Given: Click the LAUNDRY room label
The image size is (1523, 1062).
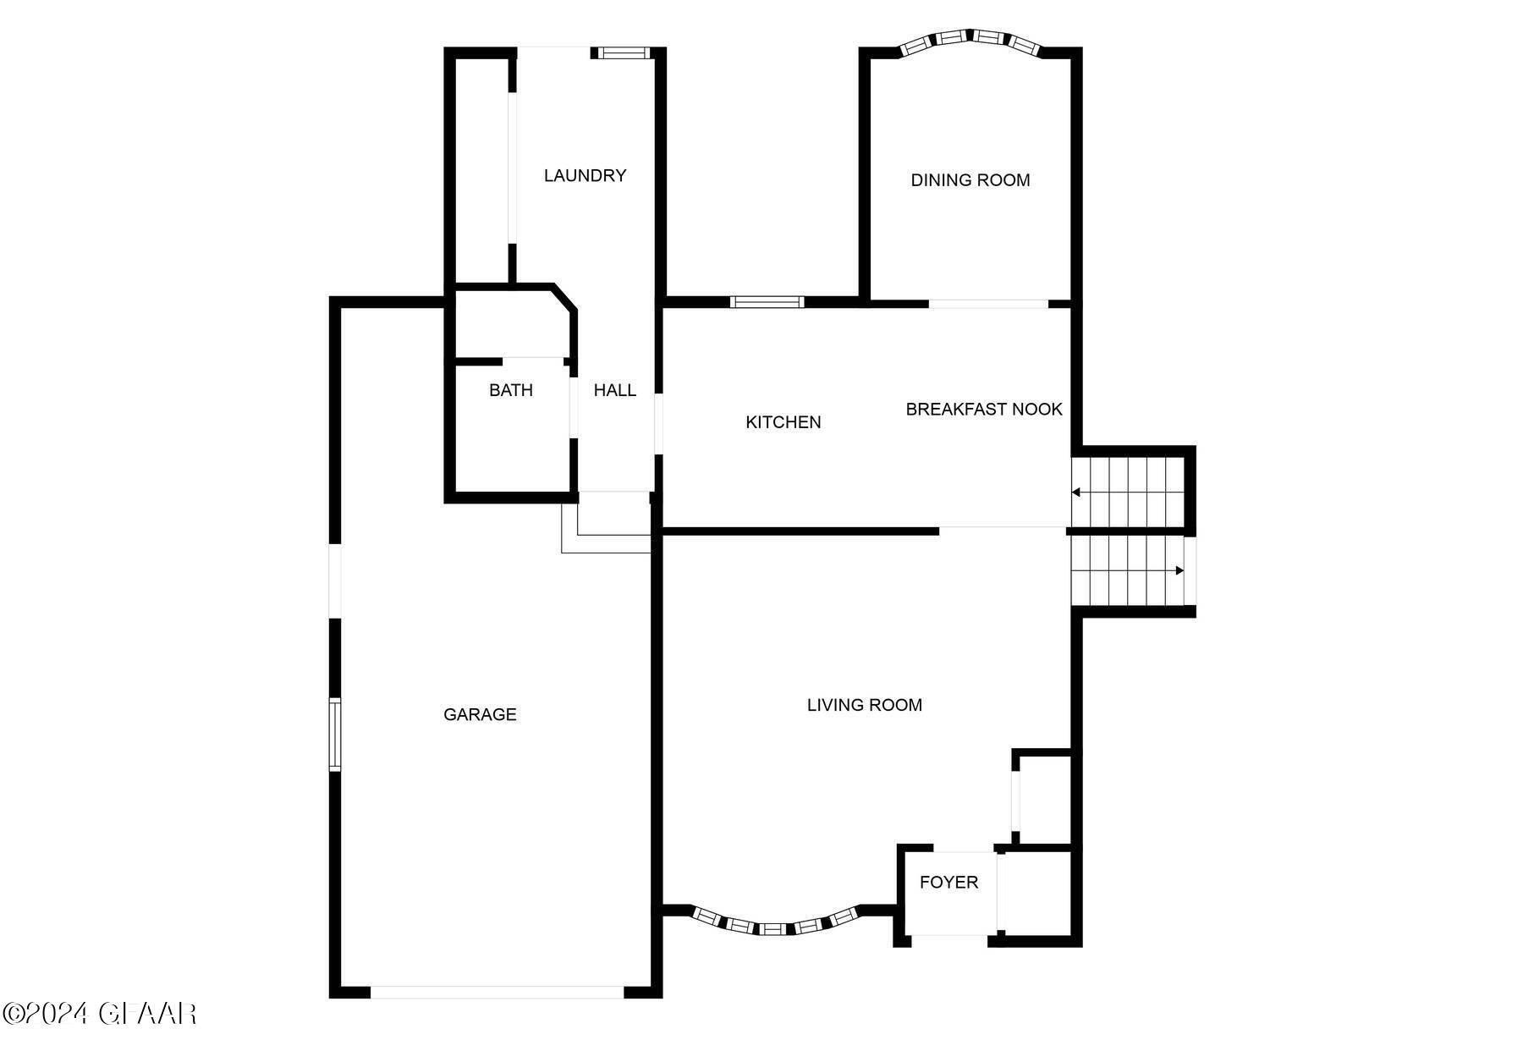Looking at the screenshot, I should click(x=585, y=175).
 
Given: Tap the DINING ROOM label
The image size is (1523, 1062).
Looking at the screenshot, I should click(x=970, y=179).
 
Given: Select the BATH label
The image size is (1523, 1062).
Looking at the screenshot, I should click(x=510, y=390).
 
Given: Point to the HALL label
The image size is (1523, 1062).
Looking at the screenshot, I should click(x=614, y=390).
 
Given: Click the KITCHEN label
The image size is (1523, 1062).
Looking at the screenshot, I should click(x=783, y=421).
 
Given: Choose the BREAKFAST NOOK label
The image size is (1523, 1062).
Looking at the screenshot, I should click(x=983, y=409).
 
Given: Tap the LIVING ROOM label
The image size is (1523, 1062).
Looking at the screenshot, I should click(x=864, y=705).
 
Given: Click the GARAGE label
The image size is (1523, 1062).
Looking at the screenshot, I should click(x=480, y=714).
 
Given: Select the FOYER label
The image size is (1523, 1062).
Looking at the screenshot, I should click(x=948, y=882).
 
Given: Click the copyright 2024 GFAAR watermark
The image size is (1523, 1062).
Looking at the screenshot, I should click(x=100, y=1013).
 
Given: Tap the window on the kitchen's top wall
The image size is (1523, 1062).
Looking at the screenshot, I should click(x=767, y=301).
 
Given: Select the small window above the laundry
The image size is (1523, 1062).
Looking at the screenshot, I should click(x=624, y=52).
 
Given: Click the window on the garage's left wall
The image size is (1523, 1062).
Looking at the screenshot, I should click(x=335, y=734).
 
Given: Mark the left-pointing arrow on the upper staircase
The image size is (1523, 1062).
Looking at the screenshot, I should click(x=1076, y=492).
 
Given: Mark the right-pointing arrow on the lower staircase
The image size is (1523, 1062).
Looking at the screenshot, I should click(x=1179, y=570).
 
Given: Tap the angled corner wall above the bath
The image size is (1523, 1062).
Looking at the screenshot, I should click(x=564, y=298).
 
